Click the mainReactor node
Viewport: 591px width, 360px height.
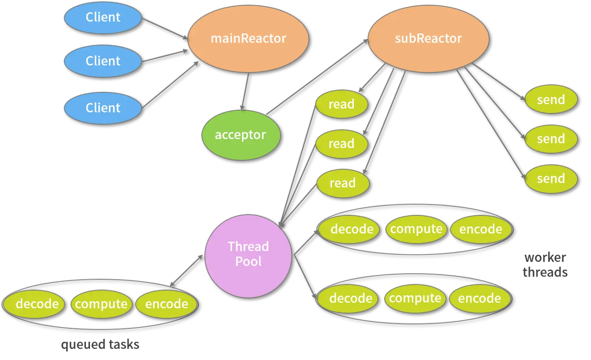248,39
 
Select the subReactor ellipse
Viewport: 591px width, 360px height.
428,39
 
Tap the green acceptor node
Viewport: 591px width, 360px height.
241,135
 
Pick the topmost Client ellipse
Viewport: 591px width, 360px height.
103,17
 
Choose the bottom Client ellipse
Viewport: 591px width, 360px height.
103,108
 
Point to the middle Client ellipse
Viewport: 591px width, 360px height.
103,61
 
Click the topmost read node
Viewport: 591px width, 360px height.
342,104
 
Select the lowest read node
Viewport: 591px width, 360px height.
343,183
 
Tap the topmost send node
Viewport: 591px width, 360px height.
551,99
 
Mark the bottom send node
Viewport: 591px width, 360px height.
551,179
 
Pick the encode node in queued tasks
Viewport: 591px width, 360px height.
166,304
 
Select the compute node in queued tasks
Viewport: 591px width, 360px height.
101,304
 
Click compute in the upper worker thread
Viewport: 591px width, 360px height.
416,229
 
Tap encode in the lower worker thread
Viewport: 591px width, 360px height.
479,298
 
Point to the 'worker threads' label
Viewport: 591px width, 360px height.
546,264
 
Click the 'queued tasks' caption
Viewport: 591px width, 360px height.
100,345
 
